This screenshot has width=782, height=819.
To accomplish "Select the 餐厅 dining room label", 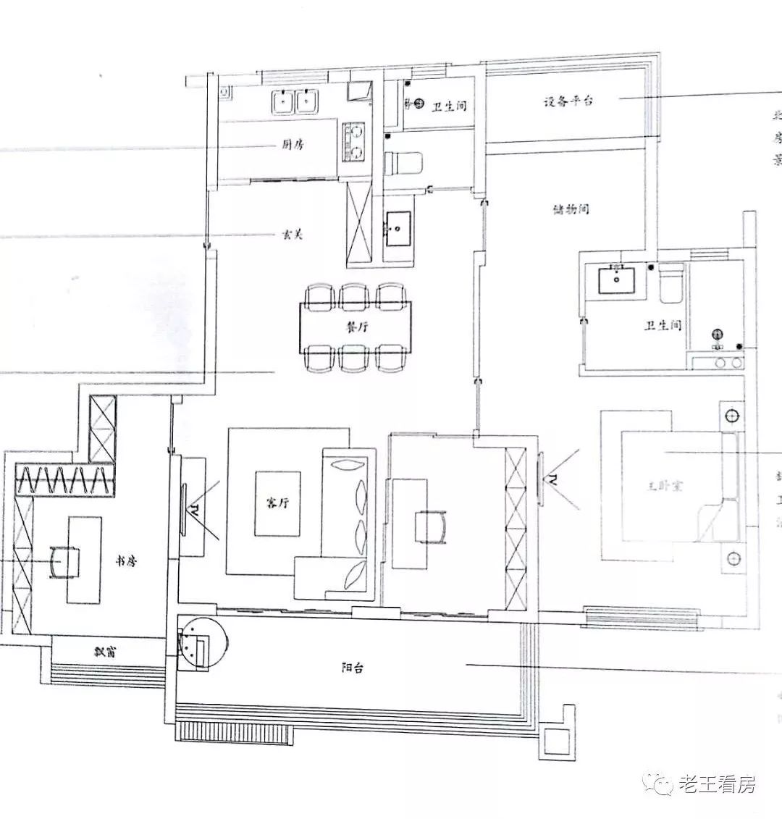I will coord(354,327).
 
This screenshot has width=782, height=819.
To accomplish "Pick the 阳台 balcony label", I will coord(352,668).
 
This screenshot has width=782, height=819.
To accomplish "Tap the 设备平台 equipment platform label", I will coord(568,101).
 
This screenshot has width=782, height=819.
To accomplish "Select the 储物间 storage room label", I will coord(571,210).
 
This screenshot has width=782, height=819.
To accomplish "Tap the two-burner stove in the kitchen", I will coord(355,142).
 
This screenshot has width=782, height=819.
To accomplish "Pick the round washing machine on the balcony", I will coord(203,643).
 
